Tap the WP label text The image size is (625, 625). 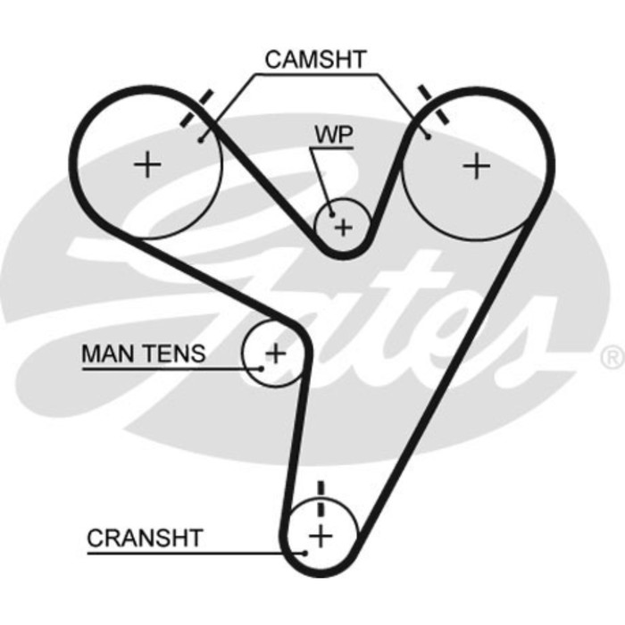(x=332, y=135)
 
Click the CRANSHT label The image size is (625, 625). (x=145, y=538)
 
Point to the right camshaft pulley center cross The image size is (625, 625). (x=479, y=165)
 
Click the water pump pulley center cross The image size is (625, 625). (x=344, y=228)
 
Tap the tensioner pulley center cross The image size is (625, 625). (x=276, y=354)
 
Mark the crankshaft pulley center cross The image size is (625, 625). (x=320, y=536)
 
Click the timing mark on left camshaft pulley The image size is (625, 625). (x=196, y=109)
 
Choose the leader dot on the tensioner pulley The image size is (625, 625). (x=262, y=368)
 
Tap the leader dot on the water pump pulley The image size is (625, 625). (x=332, y=213)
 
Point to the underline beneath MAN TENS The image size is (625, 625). (x=161, y=368)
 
